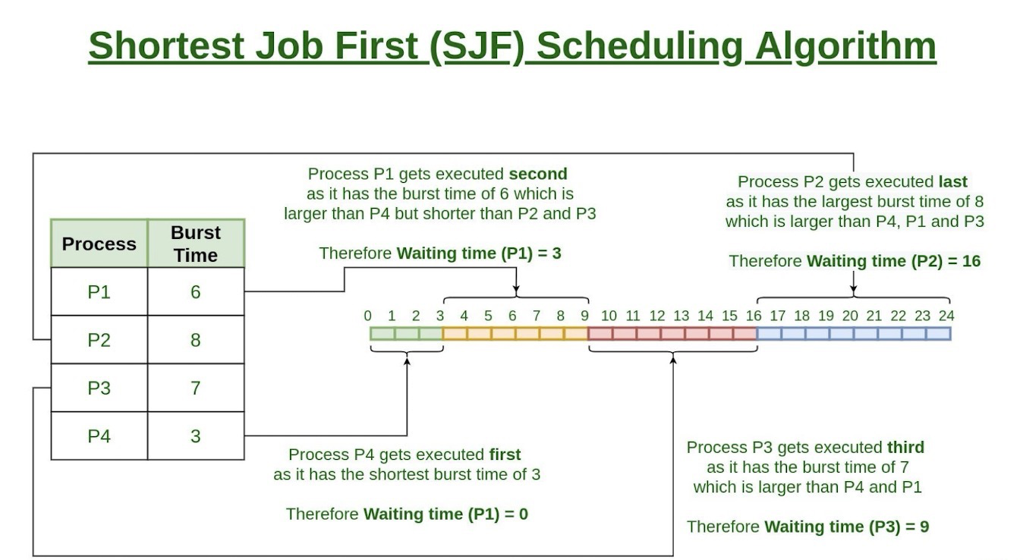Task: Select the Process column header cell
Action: (x=99, y=244)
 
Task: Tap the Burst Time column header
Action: (x=196, y=244)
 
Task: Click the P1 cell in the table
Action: (x=99, y=292)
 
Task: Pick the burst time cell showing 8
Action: (x=196, y=340)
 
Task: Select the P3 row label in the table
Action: (x=99, y=388)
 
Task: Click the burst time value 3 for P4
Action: (x=196, y=436)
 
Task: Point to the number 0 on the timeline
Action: (x=367, y=316)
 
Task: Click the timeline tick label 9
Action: (x=584, y=316)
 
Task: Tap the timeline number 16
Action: (x=754, y=316)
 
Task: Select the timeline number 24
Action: (x=946, y=316)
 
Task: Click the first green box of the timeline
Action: (x=382, y=333)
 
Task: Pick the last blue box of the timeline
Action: (x=939, y=333)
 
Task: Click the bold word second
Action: (x=538, y=174)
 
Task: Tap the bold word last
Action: (x=953, y=182)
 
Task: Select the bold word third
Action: (x=905, y=447)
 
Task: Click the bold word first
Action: (x=505, y=455)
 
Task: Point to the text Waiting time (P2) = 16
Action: (x=894, y=261)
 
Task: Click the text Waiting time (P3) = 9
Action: (x=847, y=527)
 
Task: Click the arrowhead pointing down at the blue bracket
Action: (x=854, y=289)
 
